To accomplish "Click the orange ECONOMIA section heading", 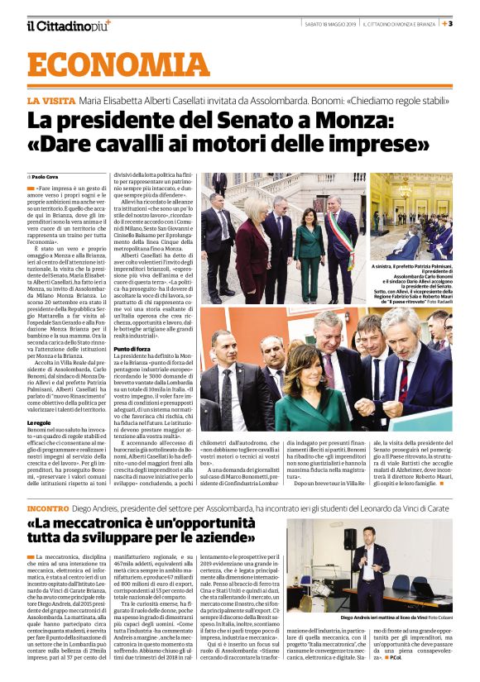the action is point(118,66).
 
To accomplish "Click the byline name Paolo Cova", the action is point(45,176).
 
